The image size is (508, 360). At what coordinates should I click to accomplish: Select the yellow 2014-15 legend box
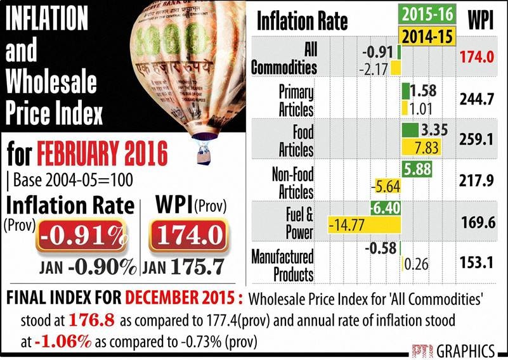coord(426,34)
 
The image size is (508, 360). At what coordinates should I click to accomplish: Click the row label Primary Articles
coord(296,100)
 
